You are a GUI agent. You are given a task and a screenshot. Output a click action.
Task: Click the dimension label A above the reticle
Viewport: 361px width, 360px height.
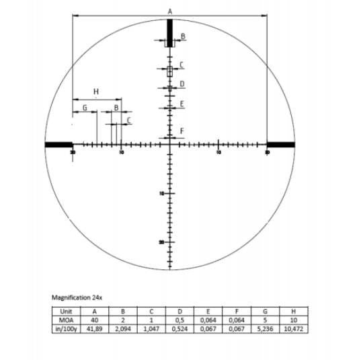[x=169, y=11]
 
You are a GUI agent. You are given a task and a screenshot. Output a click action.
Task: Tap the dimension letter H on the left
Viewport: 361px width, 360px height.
[x=95, y=91]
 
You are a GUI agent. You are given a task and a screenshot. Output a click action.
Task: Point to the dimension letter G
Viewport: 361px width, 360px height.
[x=85, y=107]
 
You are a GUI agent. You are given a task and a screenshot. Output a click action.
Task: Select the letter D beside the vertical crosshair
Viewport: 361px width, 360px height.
[x=182, y=84]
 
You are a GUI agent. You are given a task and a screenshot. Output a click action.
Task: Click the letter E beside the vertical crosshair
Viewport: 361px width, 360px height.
[x=182, y=104]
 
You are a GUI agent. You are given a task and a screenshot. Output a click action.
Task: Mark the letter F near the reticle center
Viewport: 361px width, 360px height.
[x=182, y=130]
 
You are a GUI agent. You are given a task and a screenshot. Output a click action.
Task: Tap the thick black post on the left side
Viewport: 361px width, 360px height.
[x=58, y=144]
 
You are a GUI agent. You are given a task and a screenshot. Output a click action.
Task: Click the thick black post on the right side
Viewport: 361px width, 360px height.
[x=280, y=144]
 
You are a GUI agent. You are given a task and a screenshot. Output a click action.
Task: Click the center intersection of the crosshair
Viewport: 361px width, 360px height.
[x=169, y=144]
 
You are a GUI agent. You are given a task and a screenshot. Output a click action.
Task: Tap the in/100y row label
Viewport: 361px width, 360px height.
[x=65, y=329]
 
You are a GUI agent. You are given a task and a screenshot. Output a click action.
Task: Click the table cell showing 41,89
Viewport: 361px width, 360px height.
[x=94, y=329]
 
